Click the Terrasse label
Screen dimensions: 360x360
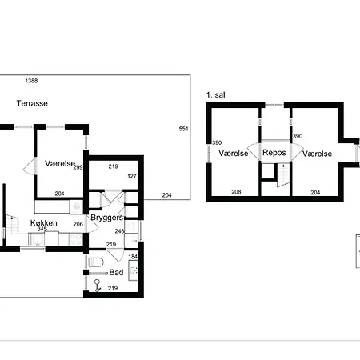pyautogui.click(x=32, y=103)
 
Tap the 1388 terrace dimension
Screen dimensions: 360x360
pyautogui.click(x=31, y=81)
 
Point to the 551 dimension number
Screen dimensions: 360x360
pyautogui.click(x=183, y=129)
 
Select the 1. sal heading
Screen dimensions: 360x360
pyautogui.click(x=216, y=95)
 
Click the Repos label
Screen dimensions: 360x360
pyautogui.click(x=274, y=153)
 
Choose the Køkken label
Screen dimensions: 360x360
pyautogui.click(x=44, y=223)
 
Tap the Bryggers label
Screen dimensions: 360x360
pyautogui.click(x=106, y=218)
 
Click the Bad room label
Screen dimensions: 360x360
pyautogui.click(x=116, y=272)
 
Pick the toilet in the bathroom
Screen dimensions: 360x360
pyautogui.click(x=96, y=262)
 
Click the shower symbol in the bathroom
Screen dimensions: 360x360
pyautogui.click(x=97, y=286)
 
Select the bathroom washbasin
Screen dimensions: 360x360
pyautogui.click(x=133, y=270)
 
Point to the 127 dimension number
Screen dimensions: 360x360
pyautogui.click(x=132, y=176)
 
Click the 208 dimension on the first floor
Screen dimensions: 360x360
pyautogui.click(x=236, y=192)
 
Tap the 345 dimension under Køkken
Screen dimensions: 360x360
pyautogui.click(x=42, y=229)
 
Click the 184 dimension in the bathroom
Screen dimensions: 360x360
pyautogui.click(x=133, y=257)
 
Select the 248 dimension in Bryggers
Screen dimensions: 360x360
pyautogui.click(x=119, y=231)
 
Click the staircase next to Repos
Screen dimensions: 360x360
pyautogui.click(x=283, y=175)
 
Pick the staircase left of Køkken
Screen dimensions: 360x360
pyautogui.click(x=11, y=223)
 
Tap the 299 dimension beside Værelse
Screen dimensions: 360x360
pyautogui.click(x=78, y=167)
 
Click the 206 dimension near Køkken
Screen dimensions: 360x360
pyautogui.click(x=78, y=224)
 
